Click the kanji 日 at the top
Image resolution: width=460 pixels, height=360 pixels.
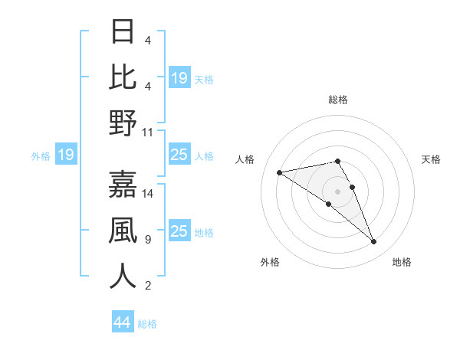tap(123, 32)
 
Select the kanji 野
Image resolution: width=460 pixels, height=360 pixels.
tap(123, 123)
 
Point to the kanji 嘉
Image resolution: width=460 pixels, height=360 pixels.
tap(123, 184)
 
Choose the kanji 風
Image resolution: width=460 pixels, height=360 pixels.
tap(123, 231)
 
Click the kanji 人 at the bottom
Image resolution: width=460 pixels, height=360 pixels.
tap(123, 277)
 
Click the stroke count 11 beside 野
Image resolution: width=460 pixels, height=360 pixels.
tap(148, 132)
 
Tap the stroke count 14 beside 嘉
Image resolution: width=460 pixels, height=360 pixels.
tap(148, 193)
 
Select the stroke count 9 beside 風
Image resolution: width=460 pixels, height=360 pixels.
tap(147, 240)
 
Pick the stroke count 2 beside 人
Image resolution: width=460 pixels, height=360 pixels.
tap(147, 286)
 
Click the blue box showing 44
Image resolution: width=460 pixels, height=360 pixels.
tap(123, 322)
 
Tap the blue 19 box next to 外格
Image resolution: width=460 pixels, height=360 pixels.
tap(65, 155)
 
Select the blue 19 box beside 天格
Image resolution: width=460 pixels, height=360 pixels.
tap(179, 77)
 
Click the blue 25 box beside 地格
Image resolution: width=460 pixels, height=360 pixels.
tap(179, 231)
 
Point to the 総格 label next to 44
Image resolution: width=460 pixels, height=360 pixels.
tap(147, 324)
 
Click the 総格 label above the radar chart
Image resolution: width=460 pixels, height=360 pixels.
tap(337, 100)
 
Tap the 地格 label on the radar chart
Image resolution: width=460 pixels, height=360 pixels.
tap(402, 262)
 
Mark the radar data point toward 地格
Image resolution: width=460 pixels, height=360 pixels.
tap(373, 242)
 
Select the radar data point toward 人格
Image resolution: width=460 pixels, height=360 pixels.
tap(279, 172)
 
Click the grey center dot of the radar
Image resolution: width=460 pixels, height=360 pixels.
tap(338, 191)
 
